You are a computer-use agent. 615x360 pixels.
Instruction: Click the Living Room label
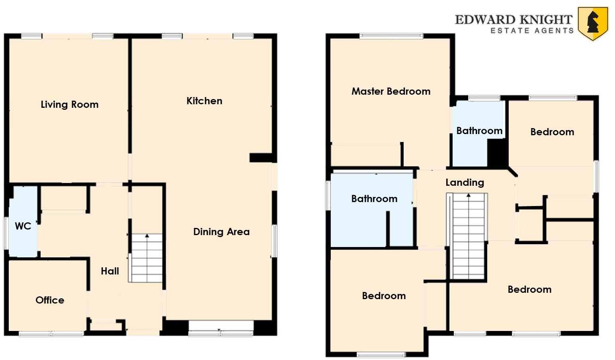70,105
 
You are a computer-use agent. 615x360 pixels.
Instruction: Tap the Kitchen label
204,101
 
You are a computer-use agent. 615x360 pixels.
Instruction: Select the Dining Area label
221,232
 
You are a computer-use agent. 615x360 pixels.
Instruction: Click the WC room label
23,226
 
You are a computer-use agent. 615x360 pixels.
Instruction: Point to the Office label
50,300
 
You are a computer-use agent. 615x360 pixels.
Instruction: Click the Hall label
110,271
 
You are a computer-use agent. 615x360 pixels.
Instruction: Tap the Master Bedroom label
390,91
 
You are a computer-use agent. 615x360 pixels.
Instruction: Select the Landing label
465,183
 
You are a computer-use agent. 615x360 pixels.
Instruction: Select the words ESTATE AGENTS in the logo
532,31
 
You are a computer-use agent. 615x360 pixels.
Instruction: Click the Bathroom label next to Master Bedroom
479,131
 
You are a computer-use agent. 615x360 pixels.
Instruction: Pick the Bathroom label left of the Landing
374,199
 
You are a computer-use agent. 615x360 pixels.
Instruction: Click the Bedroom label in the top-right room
552,132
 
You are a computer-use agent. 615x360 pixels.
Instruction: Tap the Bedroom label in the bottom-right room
529,290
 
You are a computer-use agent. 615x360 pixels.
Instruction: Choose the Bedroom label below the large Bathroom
384,296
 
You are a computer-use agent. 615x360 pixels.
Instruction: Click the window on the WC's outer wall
6,233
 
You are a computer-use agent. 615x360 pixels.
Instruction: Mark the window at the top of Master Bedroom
391,36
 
